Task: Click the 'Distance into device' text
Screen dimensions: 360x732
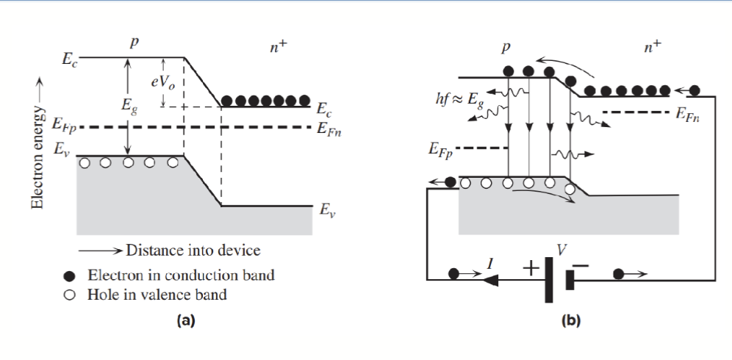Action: [193, 250]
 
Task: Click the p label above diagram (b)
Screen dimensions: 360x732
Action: [505, 48]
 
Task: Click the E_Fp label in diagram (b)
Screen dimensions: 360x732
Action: [440, 151]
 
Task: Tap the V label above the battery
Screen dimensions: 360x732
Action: [562, 250]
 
